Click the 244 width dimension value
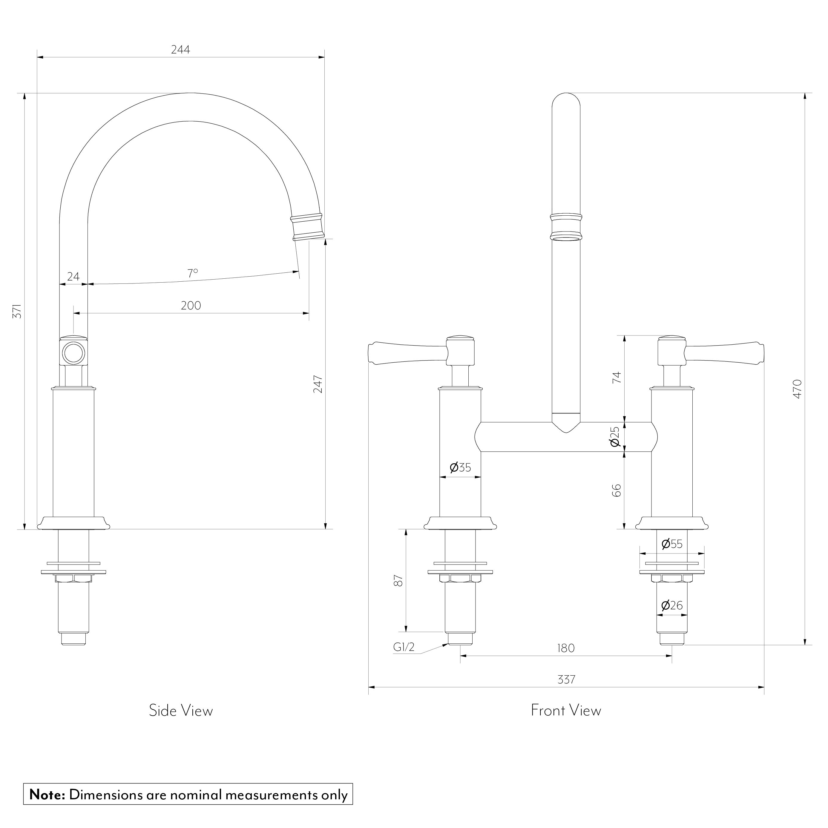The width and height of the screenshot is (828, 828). click(180, 50)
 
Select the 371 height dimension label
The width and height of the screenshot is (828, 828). click(17, 311)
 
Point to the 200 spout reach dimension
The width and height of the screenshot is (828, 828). click(191, 306)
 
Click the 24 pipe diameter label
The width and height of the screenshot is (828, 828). click(73, 276)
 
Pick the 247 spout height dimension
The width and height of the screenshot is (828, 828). click(318, 384)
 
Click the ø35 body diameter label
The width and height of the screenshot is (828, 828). click(460, 467)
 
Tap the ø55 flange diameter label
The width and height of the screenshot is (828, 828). click(671, 544)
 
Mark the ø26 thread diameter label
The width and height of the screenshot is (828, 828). click(671, 605)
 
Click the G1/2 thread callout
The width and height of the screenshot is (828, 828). click(404, 647)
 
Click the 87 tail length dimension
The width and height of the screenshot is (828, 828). click(398, 581)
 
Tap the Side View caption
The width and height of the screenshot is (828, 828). click(181, 711)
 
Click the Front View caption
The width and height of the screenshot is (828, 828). click(566, 711)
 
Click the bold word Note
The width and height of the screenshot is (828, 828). click(47, 794)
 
